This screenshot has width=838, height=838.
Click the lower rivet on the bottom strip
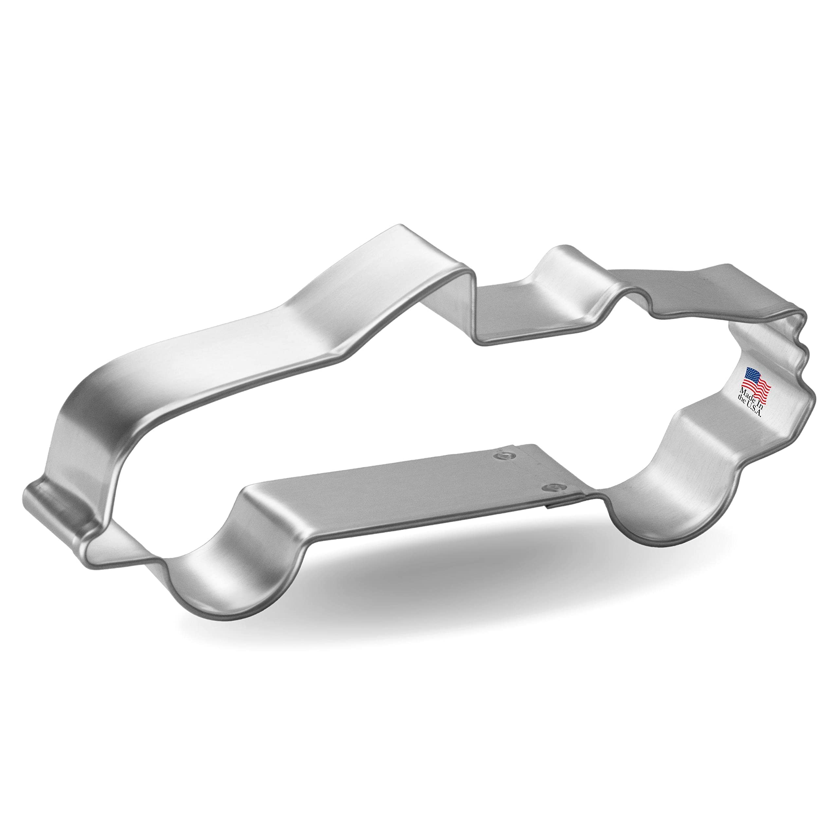[x=552, y=488]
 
